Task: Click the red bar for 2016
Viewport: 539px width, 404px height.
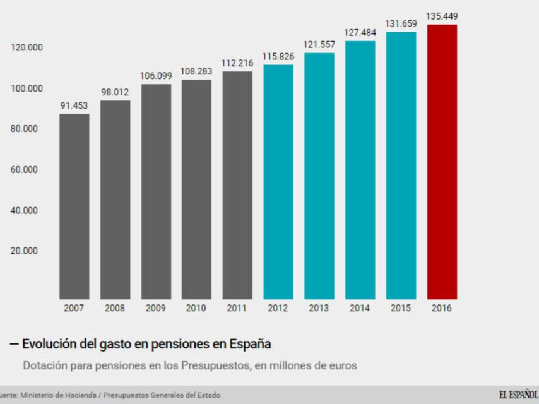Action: click(442, 162)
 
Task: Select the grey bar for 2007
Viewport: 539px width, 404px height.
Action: click(74, 206)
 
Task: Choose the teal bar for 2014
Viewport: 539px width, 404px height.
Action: click(360, 170)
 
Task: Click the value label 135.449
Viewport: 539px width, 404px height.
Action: click(442, 16)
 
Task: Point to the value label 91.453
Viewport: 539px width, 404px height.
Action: click(74, 105)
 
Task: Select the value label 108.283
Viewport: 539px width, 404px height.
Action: click(196, 71)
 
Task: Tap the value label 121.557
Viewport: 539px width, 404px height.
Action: click(319, 45)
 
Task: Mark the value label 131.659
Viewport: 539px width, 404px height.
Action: click(401, 23)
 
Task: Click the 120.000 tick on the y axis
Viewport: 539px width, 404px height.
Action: click(25, 48)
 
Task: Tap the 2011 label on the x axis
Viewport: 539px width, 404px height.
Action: click(237, 309)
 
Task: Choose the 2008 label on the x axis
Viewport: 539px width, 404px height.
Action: click(115, 309)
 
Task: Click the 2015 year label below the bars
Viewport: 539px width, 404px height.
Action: click(401, 309)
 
